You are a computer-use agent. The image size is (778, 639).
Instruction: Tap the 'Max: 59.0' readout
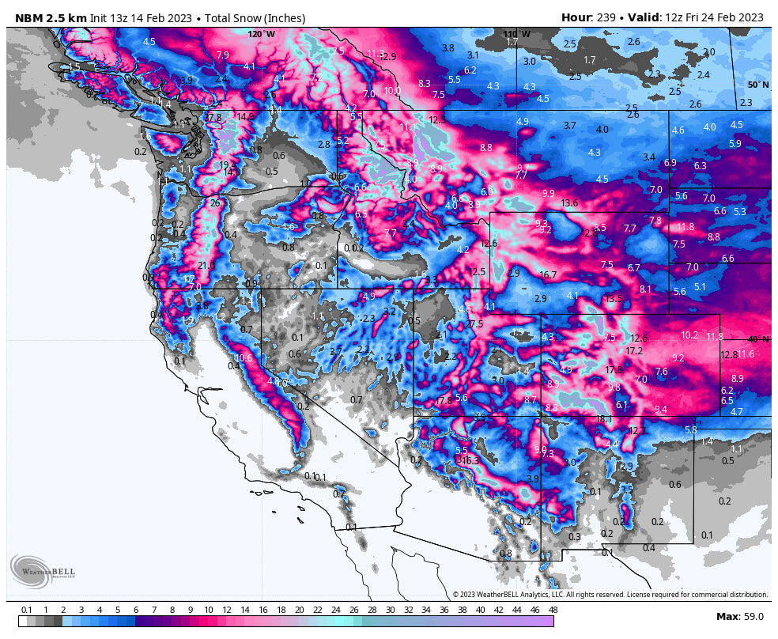(x=740, y=616)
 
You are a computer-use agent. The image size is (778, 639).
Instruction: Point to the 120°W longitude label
(x=262, y=34)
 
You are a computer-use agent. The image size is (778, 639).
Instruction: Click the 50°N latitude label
(x=757, y=85)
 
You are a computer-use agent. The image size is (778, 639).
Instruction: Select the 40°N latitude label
(x=757, y=339)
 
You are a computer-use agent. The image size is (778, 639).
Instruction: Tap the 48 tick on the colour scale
(x=553, y=610)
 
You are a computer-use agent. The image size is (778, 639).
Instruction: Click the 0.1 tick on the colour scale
(x=27, y=610)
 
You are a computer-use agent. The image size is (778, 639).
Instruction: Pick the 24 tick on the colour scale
(x=335, y=610)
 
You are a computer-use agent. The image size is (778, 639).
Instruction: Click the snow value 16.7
(x=548, y=275)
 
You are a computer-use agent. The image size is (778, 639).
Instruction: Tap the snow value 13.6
(x=569, y=203)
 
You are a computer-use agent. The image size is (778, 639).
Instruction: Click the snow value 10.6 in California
(x=243, y=358)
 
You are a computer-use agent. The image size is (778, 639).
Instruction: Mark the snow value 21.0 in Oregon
(x=206, y=266)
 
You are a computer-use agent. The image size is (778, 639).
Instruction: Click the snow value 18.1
(x=605, y=419)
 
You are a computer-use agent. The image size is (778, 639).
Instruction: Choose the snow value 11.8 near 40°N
(x=714, y=337)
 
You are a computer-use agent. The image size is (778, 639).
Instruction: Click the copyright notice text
(x=609, y=594)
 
